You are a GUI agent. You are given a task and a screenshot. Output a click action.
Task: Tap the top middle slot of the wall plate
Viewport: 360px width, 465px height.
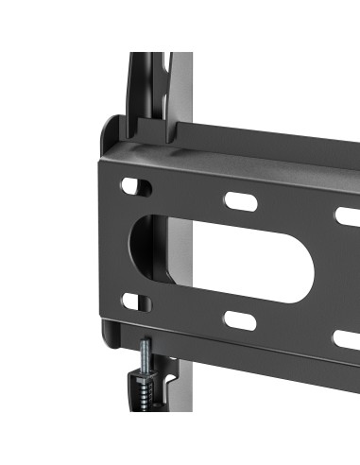pyautogui.click(x=238, y=201)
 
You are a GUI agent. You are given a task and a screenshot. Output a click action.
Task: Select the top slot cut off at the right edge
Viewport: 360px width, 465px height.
pyautogui.click(x=348, y=215)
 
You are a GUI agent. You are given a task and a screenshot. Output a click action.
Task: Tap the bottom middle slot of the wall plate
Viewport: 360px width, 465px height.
pyautogui.click(x=240, y=320)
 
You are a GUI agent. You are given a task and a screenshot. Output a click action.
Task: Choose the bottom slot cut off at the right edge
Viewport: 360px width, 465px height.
pyautogui.click(x=348, y=338)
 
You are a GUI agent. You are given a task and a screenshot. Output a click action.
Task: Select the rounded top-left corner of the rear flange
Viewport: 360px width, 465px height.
pyautogui.click(x=108, y=123)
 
